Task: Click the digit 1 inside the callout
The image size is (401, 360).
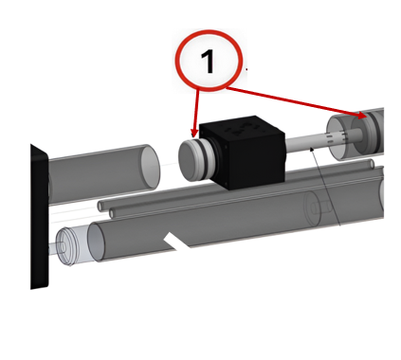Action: pos(208,62)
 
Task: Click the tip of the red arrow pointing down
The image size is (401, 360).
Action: pos(193,137)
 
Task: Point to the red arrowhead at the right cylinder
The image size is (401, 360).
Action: pos(362,116)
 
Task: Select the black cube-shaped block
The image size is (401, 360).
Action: pos(243,152)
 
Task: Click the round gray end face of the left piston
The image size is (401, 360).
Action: pos(189,161)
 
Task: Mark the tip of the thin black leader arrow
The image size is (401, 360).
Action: pos(311,148)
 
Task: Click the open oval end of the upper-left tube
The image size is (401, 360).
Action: pos(150,167)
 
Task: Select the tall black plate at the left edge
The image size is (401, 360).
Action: pos(40,216)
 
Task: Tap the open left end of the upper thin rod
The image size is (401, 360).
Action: pos(100,206)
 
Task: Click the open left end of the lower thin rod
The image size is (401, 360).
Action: pos(112,214)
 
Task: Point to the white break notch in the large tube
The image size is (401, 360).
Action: pos(176,242)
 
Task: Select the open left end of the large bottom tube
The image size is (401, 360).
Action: pos(97,242)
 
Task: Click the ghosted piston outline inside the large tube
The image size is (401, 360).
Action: pos(317,207)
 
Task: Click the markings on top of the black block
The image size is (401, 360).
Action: pos(243,129)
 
